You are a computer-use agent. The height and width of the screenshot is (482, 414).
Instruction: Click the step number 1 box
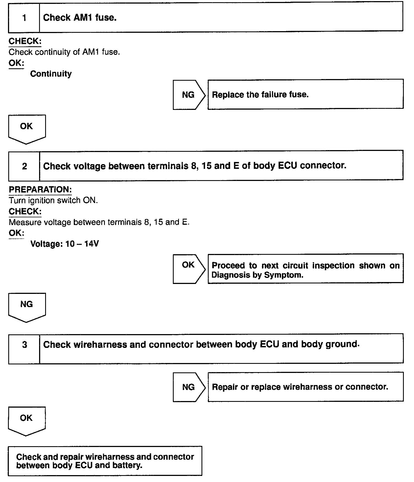[x=24, y=18]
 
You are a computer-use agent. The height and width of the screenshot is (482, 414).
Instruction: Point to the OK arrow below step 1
[x=27, y=128]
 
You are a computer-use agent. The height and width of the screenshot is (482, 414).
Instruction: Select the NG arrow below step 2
[x=27, y=306]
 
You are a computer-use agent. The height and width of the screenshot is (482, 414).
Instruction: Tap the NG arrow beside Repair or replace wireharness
[x=189, y=387]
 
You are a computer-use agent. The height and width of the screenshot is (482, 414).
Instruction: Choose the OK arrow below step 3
[x=27, y=420]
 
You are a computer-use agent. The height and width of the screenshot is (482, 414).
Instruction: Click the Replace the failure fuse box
[x=305, y=94]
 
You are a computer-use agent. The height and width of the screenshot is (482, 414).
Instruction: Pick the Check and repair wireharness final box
[x=105, y=461]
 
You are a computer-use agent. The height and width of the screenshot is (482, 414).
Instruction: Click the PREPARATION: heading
[x=40, y=189]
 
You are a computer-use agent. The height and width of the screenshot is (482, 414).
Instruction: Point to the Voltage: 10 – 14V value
[x=64, y=244]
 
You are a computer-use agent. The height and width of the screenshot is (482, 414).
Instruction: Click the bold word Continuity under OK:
[x=51, y=74]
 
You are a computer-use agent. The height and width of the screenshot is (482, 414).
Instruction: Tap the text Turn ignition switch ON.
[x=53, y=200]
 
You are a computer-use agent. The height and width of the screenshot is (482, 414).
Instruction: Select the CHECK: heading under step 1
[x=25, y=41]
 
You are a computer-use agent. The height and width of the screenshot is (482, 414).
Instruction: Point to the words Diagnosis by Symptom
[x=257, y=275]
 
